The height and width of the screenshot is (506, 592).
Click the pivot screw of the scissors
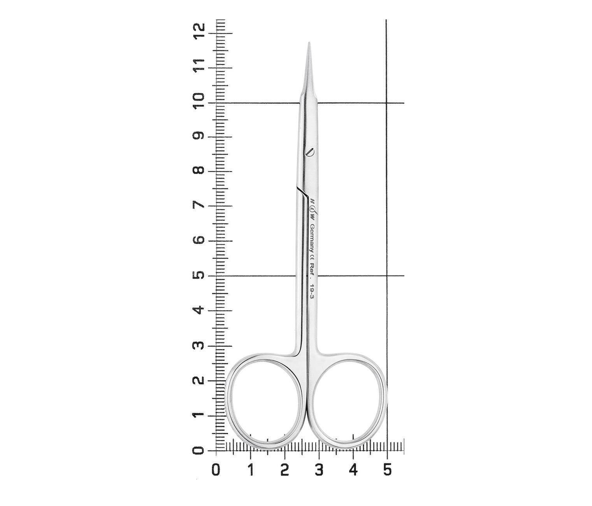(310, 151)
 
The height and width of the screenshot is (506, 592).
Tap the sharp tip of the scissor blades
(309, 43)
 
